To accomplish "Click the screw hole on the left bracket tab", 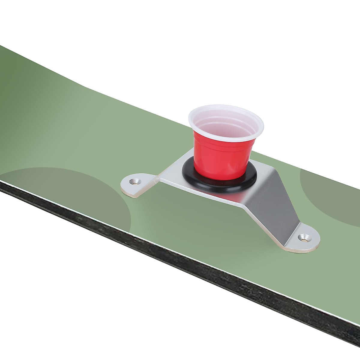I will pos(135,181).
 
